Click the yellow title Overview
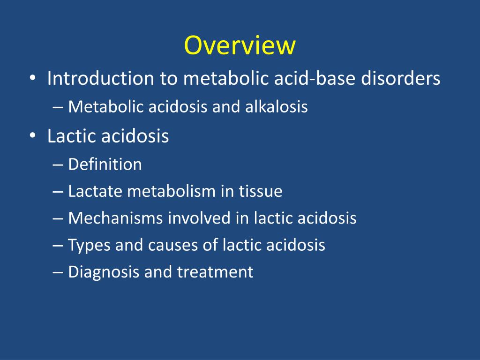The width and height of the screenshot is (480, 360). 240,46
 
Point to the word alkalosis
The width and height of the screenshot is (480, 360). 277,107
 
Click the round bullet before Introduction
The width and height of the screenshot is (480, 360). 32,79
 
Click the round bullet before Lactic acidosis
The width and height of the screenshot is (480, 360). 32,136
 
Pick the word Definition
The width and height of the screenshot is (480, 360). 105,165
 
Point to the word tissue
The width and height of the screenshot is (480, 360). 261,191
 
